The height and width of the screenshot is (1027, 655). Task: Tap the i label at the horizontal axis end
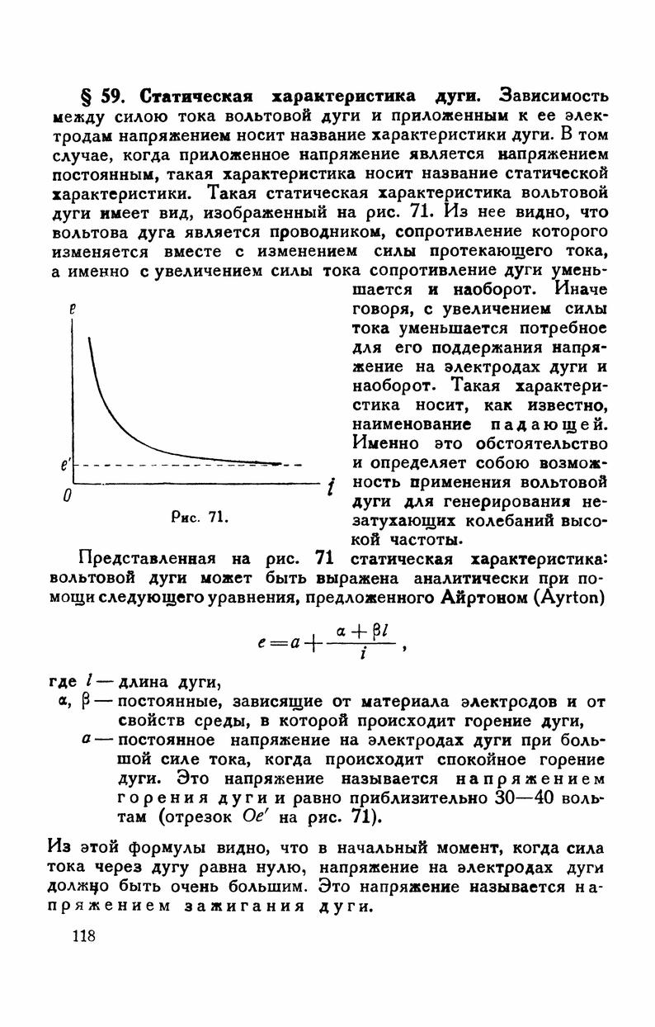(x=330, y=488)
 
